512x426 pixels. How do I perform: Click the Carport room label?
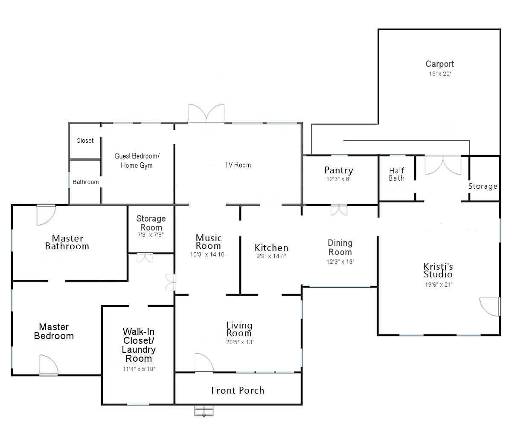click(439, 64)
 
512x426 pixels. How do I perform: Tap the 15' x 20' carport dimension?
click(439, 74)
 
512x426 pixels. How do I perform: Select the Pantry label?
click(339, 170)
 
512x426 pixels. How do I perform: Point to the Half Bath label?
click(396, 174)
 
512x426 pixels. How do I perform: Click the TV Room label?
click(238, 165)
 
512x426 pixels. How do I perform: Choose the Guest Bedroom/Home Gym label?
click(137, 161)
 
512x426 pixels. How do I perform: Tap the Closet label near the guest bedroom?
click(85, 141)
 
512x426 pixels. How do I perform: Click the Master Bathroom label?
click(67, 242)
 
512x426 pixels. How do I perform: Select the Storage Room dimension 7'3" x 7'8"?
click(150, 235)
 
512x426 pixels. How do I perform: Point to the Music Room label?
click(209, 242)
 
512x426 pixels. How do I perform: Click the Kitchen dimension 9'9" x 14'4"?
click(271, 256)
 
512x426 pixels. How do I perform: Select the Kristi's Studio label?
click(438, 270)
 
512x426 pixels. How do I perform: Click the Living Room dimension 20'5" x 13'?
click(239, 342)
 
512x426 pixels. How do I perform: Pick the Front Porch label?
click(238, 391)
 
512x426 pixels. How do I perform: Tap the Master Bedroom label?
click(54, 331)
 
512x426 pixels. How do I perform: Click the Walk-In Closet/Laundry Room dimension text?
click(139, 369)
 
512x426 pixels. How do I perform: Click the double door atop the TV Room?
click(206, 113)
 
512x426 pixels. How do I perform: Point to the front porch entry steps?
click(204, 411)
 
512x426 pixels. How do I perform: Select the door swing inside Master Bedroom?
click(49, 365)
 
